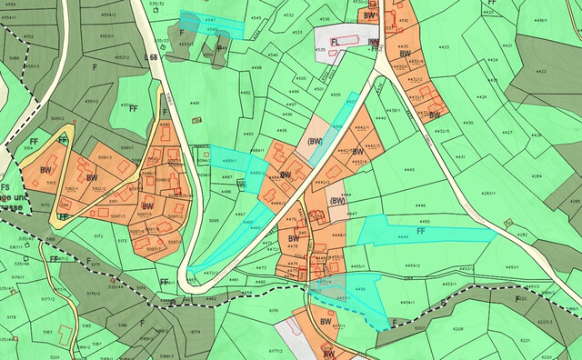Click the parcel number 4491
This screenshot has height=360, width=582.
click(x=194, y=104)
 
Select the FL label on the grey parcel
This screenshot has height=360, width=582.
click(x=335, y=42)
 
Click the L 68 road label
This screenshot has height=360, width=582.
click(x=151, y=57)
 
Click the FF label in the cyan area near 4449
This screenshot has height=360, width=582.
click(x=421, y=232)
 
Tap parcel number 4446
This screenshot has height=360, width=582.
click(x=419, y=206)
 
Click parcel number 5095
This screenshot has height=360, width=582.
click(x=215, y=219)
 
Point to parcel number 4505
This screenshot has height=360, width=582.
click(x=335, y=95)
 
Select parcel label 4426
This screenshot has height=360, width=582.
click(x=482, y=97)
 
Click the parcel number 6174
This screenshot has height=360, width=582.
click(x=195, y=332)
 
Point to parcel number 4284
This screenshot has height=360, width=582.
click(x=537, y=175)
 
